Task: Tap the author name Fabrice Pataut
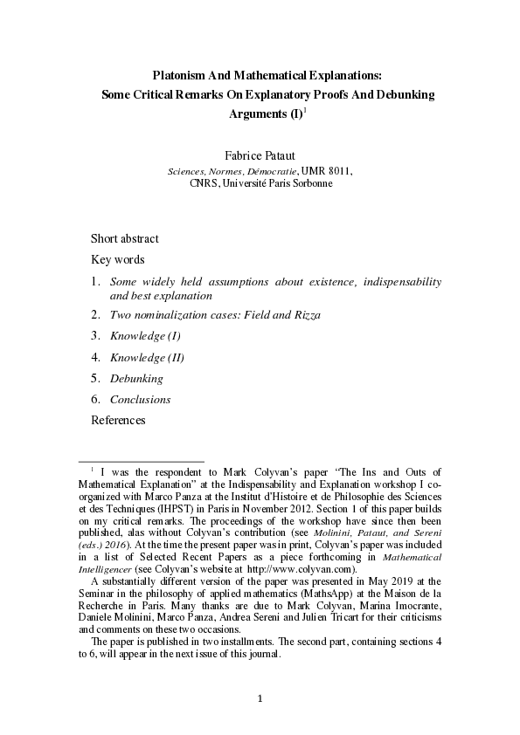click(x=260, y=155)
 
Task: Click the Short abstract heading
click(x=124, y=239)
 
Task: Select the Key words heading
click(x=118, y=259)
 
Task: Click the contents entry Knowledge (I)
click(x=145, y=336)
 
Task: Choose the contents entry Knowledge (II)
click(x=147, y=357)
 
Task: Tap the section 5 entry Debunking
click(x=136, y=379)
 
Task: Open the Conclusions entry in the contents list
click(x=140, y=400)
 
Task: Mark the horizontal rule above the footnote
click(x=141, y=461)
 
